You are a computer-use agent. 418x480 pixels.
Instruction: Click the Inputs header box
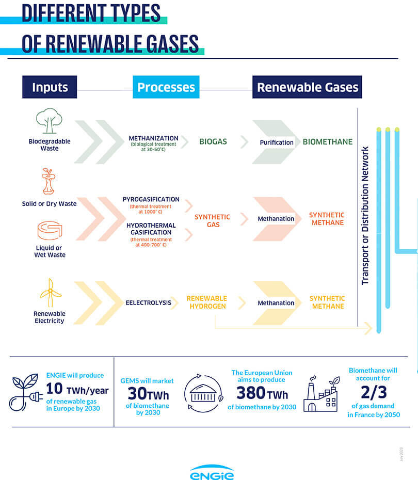click(x=50, y=87)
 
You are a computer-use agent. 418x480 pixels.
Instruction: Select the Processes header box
click(x=166, y=87)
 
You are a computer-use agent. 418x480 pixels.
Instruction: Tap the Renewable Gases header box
click(x=307, y=87)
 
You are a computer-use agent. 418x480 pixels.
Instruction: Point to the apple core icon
click(x=48, y=181)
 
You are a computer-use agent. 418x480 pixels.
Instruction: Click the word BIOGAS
click(x=213, y=141)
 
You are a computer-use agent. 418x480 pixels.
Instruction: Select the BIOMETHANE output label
click(x=328, y=142)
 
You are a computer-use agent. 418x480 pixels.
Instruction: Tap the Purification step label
click(x=277, y=142)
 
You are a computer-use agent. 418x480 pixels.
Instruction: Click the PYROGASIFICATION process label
click(x=151, y=199)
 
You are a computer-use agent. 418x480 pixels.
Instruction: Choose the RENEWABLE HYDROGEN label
click(x=206, y=302)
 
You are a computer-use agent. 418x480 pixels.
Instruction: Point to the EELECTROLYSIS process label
click(x=148, y=302)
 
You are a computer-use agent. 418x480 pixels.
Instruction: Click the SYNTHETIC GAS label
click(x=212, y=221)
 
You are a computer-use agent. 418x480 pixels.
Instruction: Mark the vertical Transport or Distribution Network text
click(x=365, y=215)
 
